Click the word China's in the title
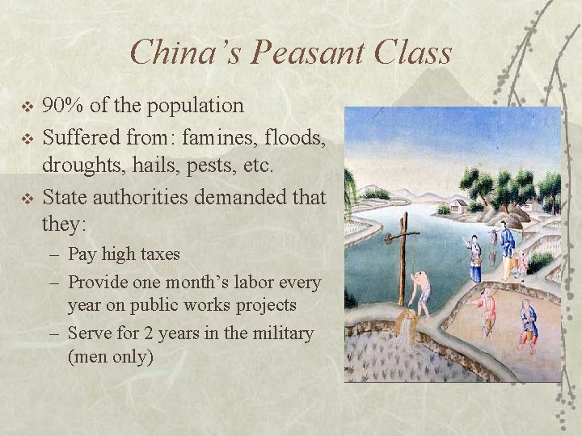coord(186,53)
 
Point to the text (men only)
coord(111,355)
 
